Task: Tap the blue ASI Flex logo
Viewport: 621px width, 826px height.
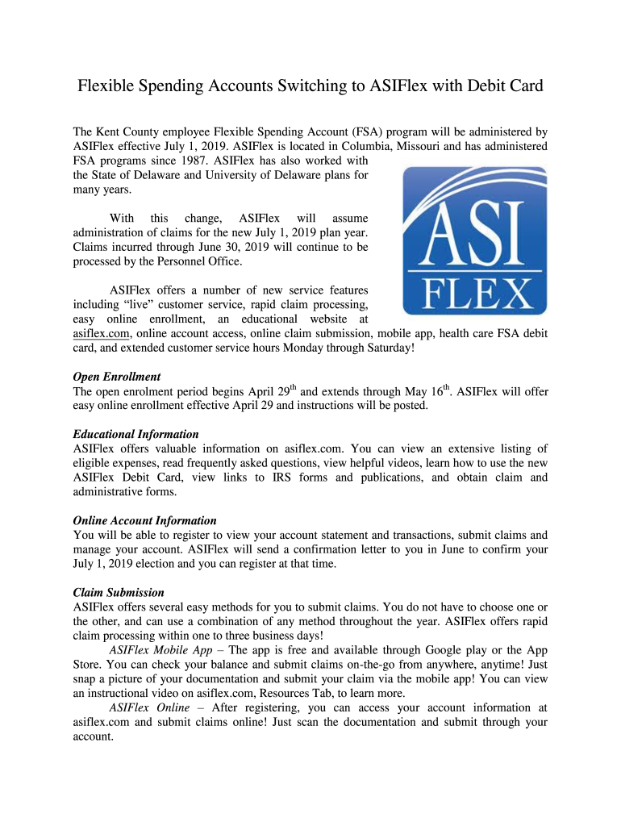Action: [474, 240]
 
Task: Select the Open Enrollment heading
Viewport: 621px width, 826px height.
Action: [117, 377]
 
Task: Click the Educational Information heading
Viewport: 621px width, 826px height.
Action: [135, 434]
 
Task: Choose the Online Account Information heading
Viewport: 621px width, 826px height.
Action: [144, 520]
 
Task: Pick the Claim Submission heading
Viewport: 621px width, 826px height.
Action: [119, 592]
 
